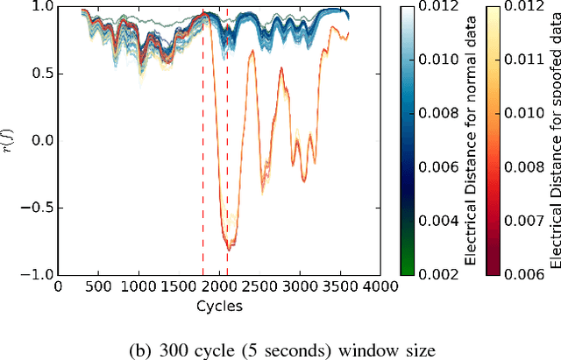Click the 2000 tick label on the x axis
pos(218,286)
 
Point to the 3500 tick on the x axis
pos(339,286)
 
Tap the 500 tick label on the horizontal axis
pos(98,286)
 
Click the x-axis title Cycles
pos(218,306)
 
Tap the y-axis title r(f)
pos(11,140)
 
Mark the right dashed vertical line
pos(227,158)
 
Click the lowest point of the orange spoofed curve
pos(230,250)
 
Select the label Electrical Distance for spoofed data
pos(553,140)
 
